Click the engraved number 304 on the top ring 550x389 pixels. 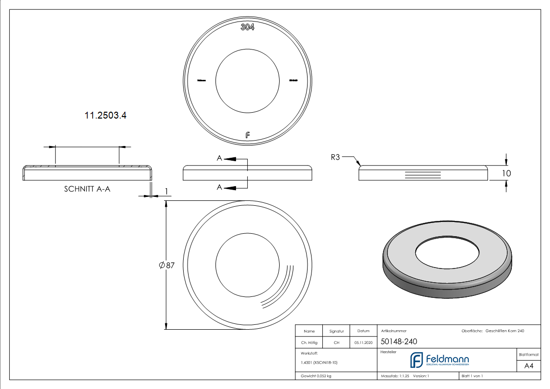tap(247, 27)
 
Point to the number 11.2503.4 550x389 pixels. tap(102, 116)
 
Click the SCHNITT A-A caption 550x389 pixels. tap(87, 189)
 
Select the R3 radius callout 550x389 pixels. tap(335, 157)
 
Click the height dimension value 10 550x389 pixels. tap(506, 173)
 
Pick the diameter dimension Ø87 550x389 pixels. tap(167, 265)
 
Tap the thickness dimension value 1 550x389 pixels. tap(167, 191)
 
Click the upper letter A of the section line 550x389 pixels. tap(219, 158)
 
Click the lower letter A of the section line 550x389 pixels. tap(219, 187)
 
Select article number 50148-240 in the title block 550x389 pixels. tap(399, 342)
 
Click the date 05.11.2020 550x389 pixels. tap(363, 343)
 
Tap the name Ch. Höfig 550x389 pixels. tap(309, 343)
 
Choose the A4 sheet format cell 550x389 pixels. tap(528, 365)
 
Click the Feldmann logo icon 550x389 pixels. tap(416, 360)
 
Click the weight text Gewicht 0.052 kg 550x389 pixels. tap(316, 376)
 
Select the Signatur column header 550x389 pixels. tap(336, 331)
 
